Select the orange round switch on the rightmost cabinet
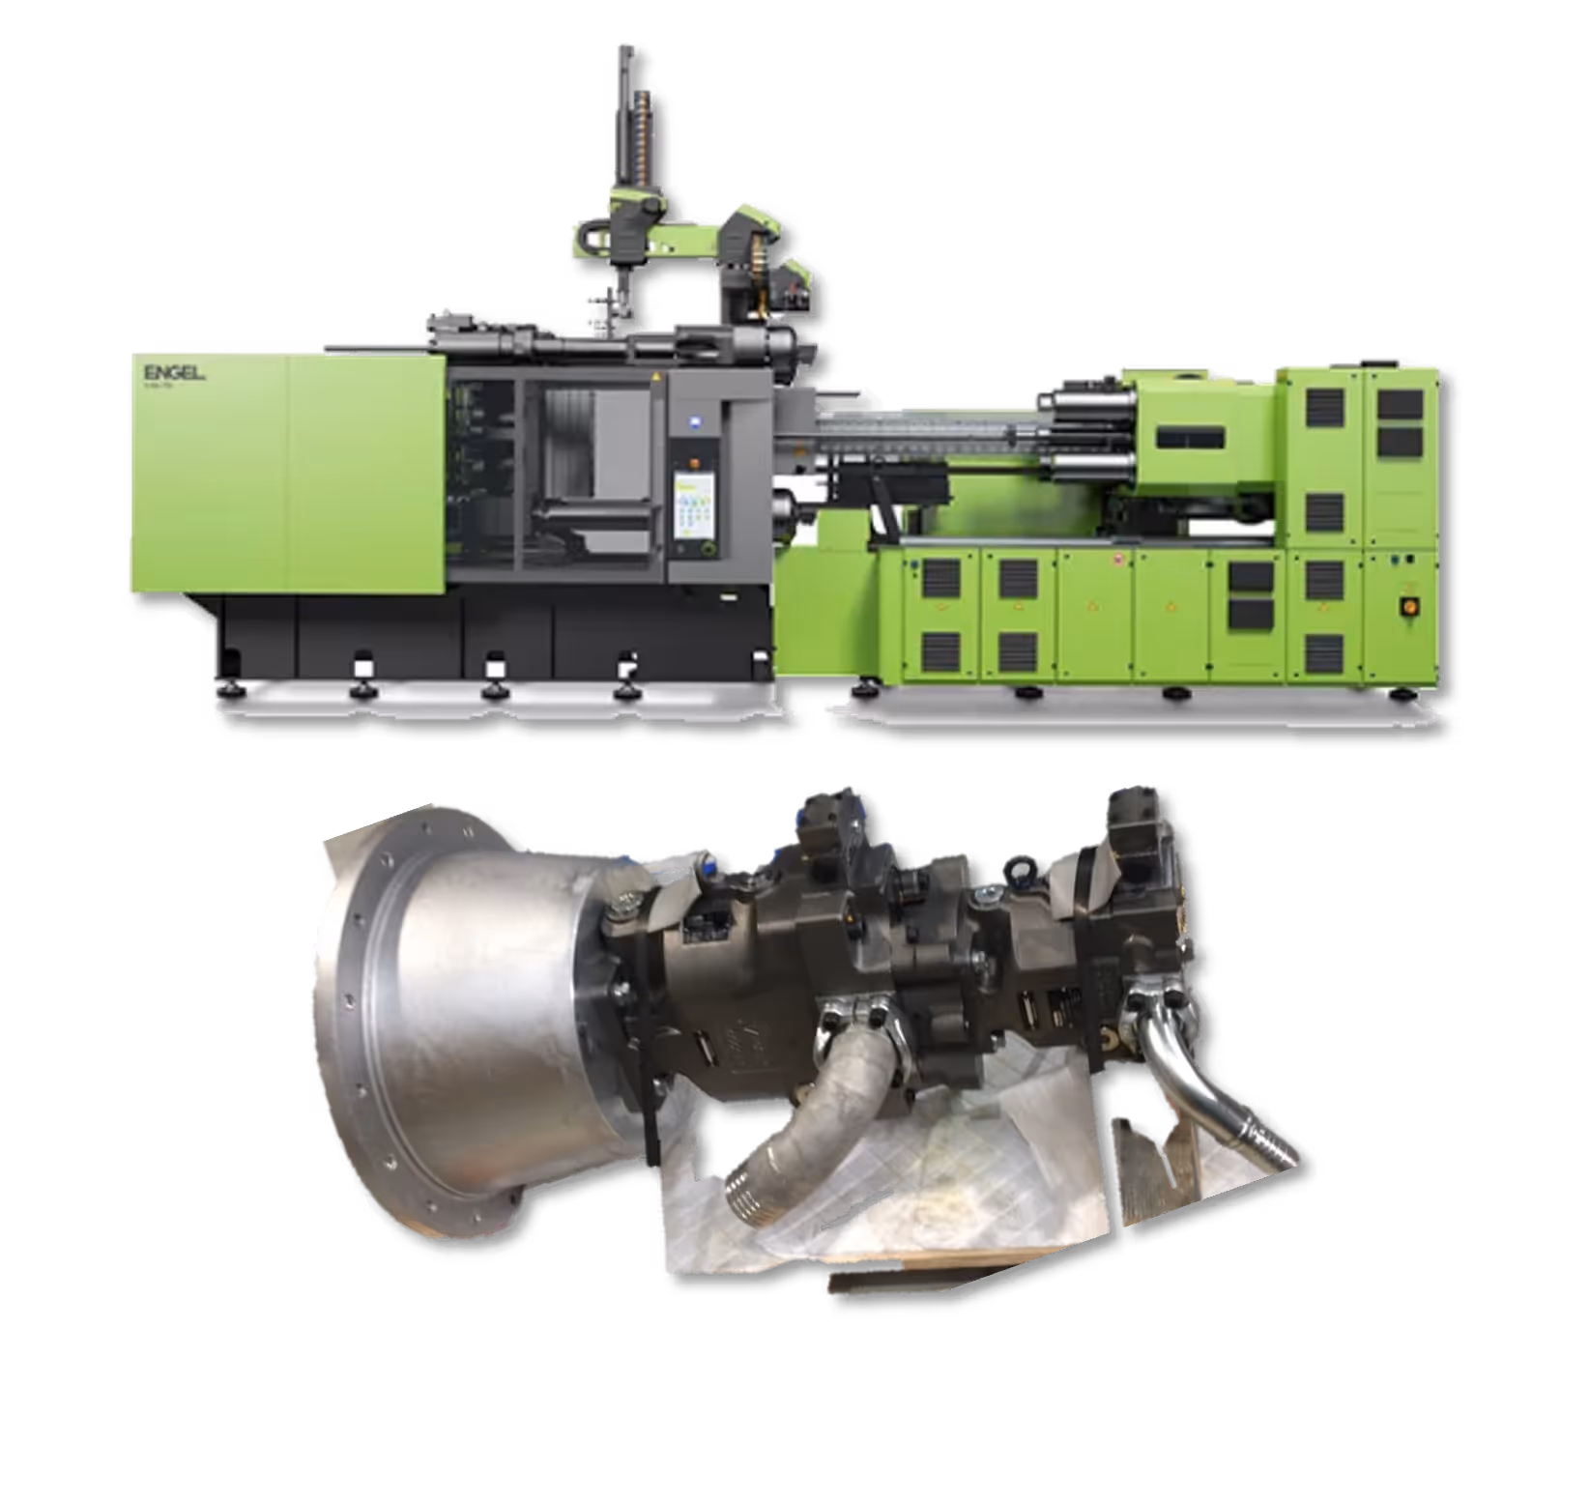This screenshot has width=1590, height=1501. [x=1406, y=605]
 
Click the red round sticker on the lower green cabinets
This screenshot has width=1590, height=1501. [x=1117, y=560]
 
